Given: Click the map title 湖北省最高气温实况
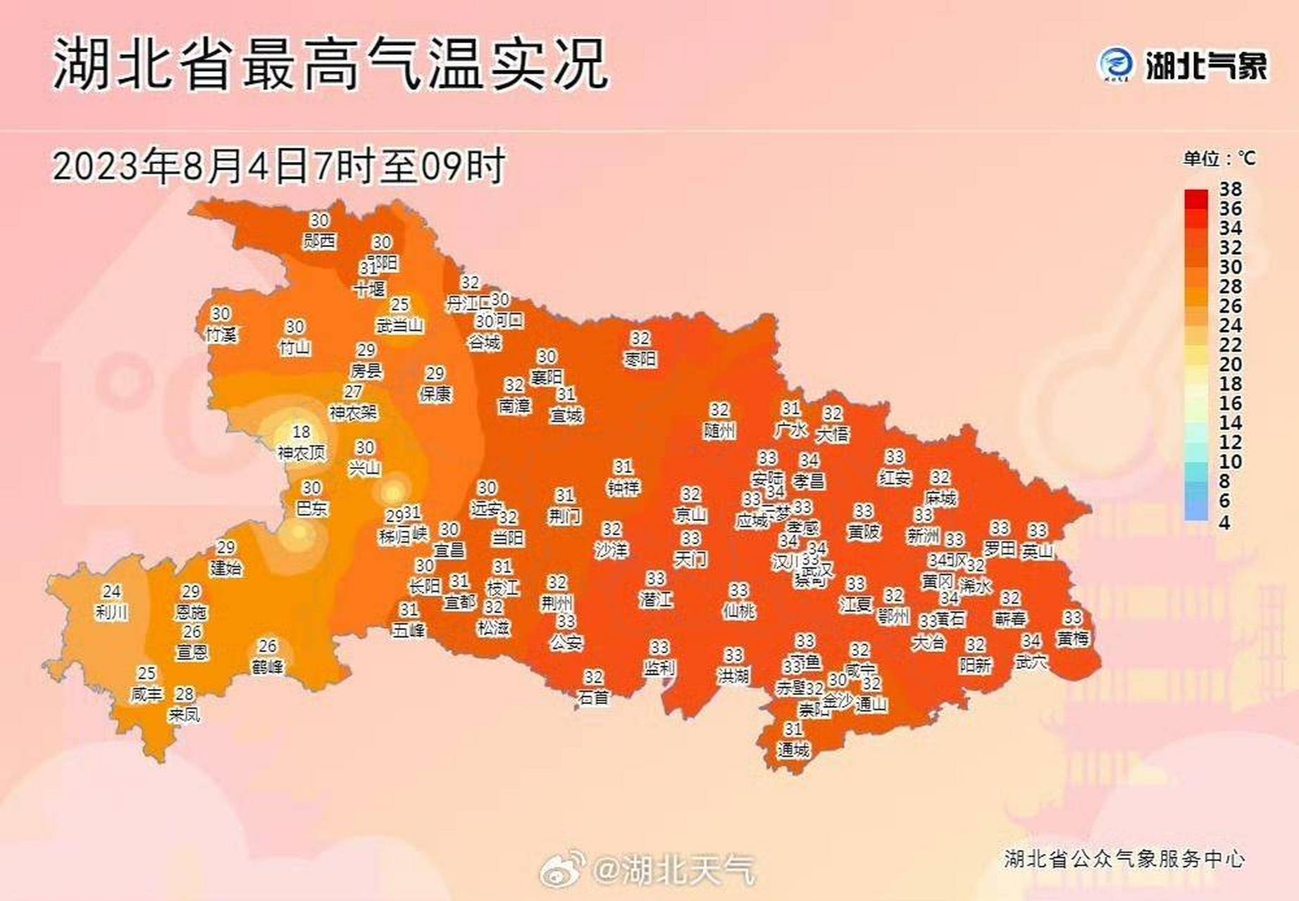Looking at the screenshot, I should coord(330,65).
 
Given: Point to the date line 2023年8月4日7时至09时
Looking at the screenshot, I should coord(279,166).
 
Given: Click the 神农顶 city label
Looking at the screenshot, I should coord(302,453).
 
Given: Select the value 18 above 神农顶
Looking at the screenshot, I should coord(302,431).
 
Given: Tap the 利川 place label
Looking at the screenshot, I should coord(112,612).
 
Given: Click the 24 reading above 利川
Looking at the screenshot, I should coord(112,592).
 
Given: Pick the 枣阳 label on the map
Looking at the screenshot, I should coord(640,360).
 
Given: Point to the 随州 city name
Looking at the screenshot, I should coord(719,430).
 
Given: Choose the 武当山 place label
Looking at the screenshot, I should coord(399,325).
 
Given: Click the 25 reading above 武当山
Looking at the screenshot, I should coord(400,305).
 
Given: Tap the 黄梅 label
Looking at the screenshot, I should coord(1072,638).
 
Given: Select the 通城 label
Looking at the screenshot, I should coord(793,750).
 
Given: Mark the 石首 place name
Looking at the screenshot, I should coord(593,698).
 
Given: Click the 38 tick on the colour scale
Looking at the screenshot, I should coord(1231,189).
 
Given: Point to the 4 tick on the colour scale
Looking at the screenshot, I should coord(1224,523).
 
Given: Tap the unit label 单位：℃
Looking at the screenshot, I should coord(1219,158).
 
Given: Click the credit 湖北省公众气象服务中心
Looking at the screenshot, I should coord(1124,859).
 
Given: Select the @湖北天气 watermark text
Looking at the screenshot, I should coord(674,870).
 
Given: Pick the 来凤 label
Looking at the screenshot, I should coord(184,715).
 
